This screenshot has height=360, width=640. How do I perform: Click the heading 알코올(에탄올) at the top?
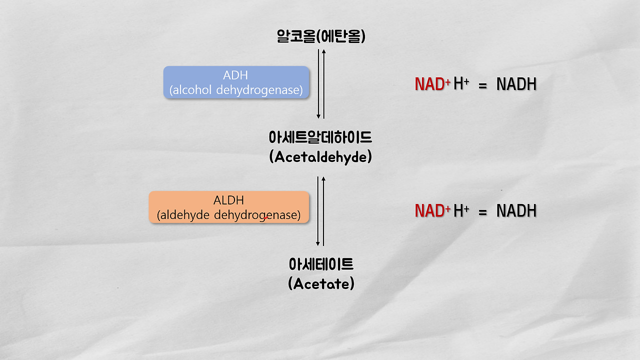[x=320, y=36]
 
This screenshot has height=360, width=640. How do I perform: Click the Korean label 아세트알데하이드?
[x=320, y=137]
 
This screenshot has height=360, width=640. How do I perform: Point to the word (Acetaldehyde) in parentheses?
[x=320, y=157]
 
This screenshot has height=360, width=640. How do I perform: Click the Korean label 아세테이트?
[x=321, y=263]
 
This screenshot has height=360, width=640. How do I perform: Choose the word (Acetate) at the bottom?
[x=321, y=283]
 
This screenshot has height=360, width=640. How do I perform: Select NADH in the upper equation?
[x=516, y=84]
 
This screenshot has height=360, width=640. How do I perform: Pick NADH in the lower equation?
[x=516, y=211]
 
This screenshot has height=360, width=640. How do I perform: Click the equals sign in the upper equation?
[x=482, y=86]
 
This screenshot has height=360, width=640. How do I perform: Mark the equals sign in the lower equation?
[x=482, y=212]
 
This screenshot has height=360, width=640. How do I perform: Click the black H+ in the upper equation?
[x=460, y=84]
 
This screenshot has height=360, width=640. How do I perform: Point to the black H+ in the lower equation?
[x=460, y=210]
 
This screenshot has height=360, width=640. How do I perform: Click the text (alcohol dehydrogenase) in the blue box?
[x=236, y=90]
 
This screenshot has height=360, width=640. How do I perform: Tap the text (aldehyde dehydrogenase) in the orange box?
[x=228, y=215]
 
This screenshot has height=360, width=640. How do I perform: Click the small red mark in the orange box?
[x=266, y=218]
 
